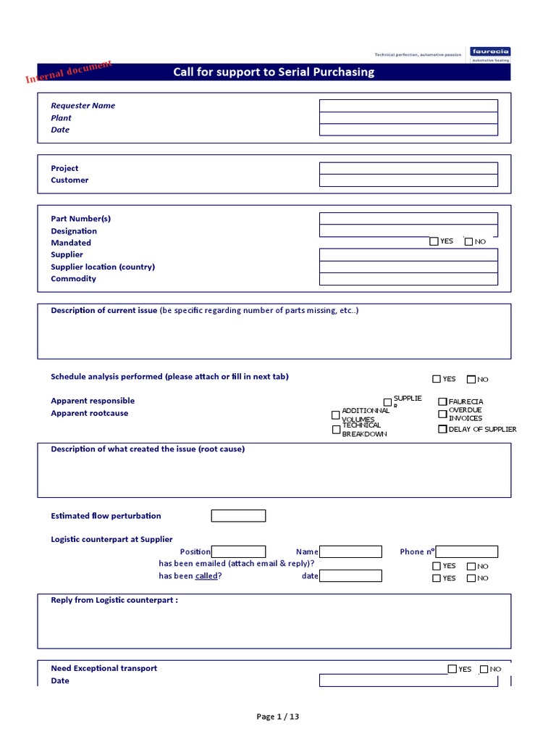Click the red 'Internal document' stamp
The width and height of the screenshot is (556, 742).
tap(69, 72)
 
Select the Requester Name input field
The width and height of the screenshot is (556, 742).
tap(408, 106)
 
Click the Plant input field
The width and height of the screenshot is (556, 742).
tap(408, 118)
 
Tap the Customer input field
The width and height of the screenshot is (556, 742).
tap(408, 180)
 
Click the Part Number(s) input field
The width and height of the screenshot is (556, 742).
tap(408, 219)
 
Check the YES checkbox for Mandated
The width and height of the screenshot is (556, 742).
tap(434, 241)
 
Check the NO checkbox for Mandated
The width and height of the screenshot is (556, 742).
tap(468, 242)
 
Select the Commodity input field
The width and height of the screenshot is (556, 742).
tap(408, 279)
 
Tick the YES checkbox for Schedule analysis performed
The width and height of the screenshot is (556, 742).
tap(437, 379)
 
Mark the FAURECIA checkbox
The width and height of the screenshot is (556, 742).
tap(442, 401)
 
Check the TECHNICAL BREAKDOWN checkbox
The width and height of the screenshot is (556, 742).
tap(336, 430)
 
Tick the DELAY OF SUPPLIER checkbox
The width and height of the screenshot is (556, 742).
tap(442, 429)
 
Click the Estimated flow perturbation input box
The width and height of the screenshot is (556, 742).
tap(238, 516)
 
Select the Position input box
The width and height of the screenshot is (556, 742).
tap(238, 552)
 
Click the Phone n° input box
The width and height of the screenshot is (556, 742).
tap(467, 552)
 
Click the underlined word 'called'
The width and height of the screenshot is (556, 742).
tap(206, 576)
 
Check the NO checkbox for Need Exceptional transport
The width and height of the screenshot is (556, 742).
tap(484, 670)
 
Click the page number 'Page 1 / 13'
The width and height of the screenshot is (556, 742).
tap(278, 717)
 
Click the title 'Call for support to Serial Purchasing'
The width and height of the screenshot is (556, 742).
tap(274, 72)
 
